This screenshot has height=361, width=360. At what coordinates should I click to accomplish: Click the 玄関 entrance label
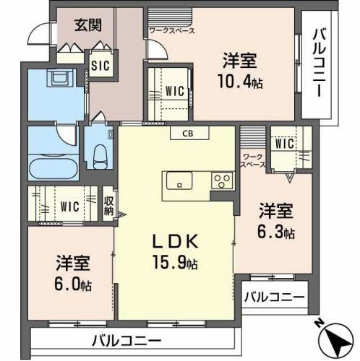pyautogui.click(x=87, y=24)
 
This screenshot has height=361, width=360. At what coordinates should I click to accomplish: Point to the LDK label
pyautogui.click(x=176, y=241)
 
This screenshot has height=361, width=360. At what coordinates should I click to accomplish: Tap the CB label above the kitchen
pyautogui.click(x=187, y=133)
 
